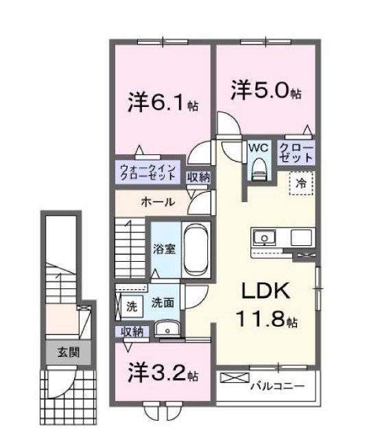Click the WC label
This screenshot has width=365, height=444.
(258, 147)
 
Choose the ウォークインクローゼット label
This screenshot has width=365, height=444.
(148, 172)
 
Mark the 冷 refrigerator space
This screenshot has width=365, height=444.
(301, 183)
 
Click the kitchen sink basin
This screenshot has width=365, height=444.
(263, 238)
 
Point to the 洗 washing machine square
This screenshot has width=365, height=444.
(131, 307)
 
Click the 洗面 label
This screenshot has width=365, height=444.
(162, 301)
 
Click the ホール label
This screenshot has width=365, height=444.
(157, 202)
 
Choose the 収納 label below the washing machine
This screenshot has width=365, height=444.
(132, 332)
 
